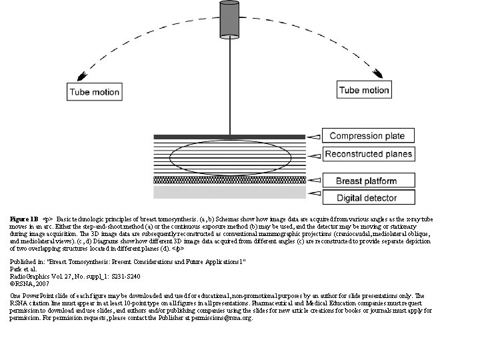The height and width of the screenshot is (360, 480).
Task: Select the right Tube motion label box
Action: tap(364, 90)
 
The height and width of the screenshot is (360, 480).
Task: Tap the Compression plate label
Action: tap(367, 136)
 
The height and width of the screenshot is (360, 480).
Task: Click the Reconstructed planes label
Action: tap(369, 154)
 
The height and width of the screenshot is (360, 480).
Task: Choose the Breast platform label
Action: tap(366, 181)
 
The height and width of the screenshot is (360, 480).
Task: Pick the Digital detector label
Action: tap(366, 197)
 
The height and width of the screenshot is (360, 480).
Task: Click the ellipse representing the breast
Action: tap(230, 158)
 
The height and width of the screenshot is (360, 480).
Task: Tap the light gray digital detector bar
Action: tap(230, 193)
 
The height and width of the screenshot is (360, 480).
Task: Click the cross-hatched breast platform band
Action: tap(230, 180)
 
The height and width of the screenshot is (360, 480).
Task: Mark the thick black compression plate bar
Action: tap(230, 137)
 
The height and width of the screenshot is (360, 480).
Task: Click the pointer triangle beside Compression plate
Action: tap(313, 136)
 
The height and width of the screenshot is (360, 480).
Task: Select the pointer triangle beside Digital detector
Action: tap(313, 197)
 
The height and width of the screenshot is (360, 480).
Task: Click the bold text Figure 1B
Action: tap(24, 218)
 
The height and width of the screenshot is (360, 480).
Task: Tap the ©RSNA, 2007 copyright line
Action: tap(29, 283)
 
